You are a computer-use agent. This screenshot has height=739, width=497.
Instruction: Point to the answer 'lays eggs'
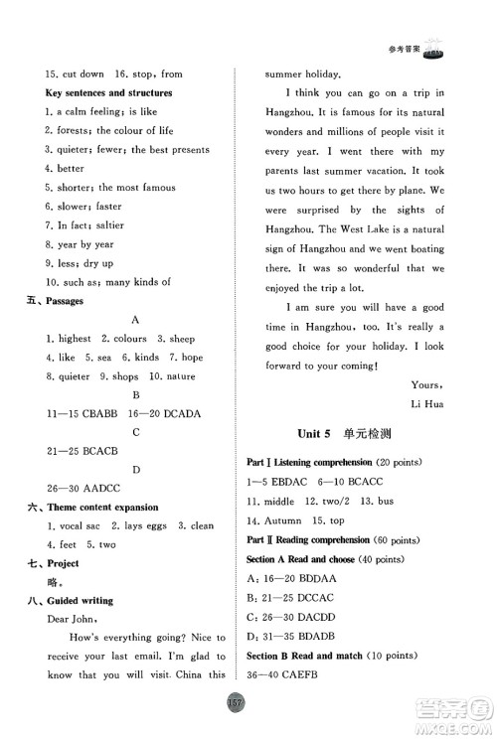pos(138,525)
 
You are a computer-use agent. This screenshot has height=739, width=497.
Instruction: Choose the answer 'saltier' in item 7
pos(124,225)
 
